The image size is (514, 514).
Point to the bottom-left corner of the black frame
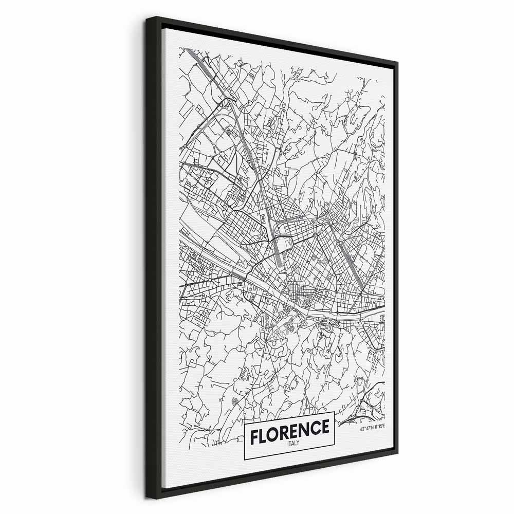[148, 498]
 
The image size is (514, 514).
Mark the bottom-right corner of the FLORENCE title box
[335, 444]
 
